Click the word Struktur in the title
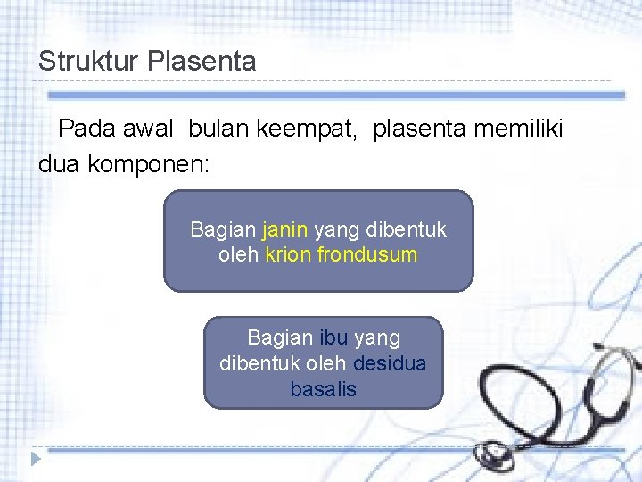pos(89,62)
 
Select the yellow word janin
pos(284,229)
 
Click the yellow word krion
pos(287,254)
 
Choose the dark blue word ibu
pos(333,338)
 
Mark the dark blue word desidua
pos(390,364)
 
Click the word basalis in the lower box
pos(323,390)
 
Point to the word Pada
pos(86,129)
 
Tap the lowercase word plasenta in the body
pos(419,129)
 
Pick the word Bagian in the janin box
pos(222,229)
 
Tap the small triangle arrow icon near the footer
pos(35,459)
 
